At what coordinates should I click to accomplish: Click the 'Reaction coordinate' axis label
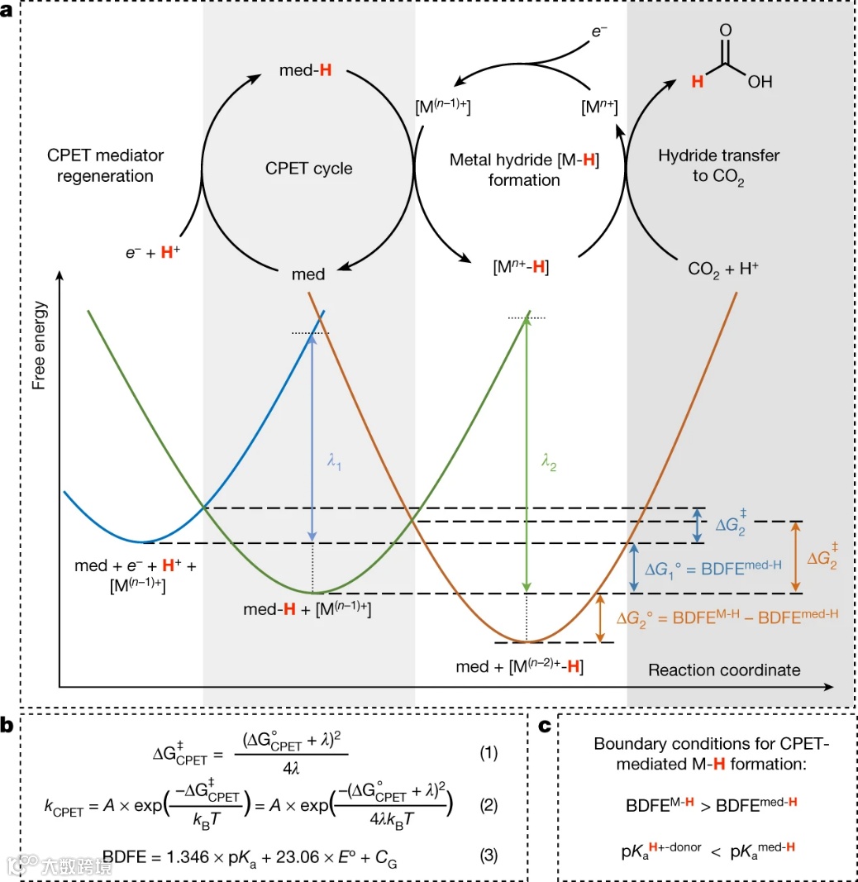click(x=724, y=670)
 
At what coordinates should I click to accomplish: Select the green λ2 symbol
click(x=548, y=465)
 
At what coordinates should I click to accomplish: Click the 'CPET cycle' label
click(x=310, y=169)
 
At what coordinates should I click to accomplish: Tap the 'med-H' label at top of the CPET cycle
click(x=306, y=71)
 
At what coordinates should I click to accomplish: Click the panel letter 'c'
click(x=544, y=726)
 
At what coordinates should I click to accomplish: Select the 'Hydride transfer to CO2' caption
click(x=718, y=166)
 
